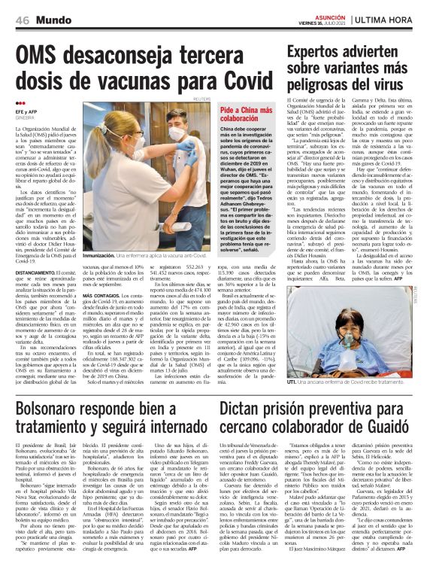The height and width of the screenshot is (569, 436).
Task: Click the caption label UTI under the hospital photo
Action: pyautogui.click(x=292, y=383)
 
